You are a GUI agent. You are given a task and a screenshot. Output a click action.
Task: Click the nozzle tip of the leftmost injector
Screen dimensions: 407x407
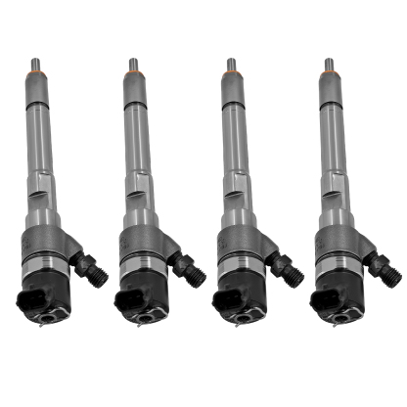click(x=35, y=64)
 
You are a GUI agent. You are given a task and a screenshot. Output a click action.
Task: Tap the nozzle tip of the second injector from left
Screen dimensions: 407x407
click(x=133, y=64)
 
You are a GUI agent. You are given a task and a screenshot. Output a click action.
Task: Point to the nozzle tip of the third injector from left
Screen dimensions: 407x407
click(x=231, y=64)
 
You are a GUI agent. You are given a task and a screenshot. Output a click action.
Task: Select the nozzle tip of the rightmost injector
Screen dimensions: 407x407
click(x=329, y=64)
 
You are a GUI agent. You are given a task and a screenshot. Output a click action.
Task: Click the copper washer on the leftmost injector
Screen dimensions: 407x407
click(x=35, y=74)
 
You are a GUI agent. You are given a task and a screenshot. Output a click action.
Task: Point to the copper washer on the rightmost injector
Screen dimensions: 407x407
click(x=329, y=74)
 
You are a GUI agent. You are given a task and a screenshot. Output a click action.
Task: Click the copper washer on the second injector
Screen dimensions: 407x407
click(x=133, y=74)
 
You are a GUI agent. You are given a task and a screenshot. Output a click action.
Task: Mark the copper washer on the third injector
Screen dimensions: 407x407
click(x=231, y=74)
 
